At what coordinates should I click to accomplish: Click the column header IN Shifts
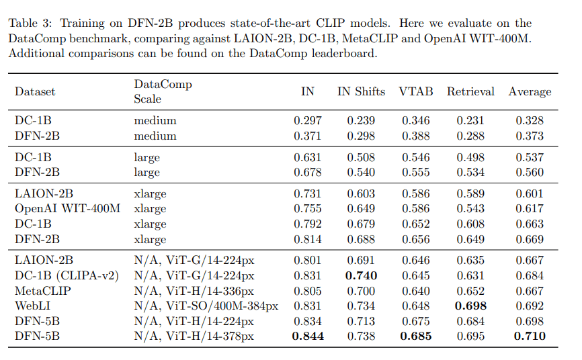pyautogui.click(x=361, y=91)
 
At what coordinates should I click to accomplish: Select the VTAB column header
pyautogui.click(x=416, y=91)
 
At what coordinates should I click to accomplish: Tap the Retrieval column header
pyautogui.click(x=470, y=91)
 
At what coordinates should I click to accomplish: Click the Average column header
pyautogui.click(x=530, y=91)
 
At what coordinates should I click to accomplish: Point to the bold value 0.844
pyautogui.click(x=307, y=336)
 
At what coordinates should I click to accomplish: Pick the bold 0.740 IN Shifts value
pyautogui.click(x=361, y=275)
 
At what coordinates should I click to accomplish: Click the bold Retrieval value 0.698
pyautogui.click(x=470, y=306)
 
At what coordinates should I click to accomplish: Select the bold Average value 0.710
pyautogui.click(x=530, y=336)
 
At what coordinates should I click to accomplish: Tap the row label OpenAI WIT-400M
pyautogui.click(x=67, y=208)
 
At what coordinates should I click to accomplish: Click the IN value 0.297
pyautogui.click(x=307, y=121)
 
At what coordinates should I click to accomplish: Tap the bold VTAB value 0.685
pyautogui.click(x=416, y=336)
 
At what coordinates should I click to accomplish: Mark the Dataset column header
pyautogui.click(x=35, y=91)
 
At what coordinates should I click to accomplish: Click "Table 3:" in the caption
pyautogui.click(x=31, y=23)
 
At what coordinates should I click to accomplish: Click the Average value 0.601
pyautogui.click(x=530, y=193)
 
